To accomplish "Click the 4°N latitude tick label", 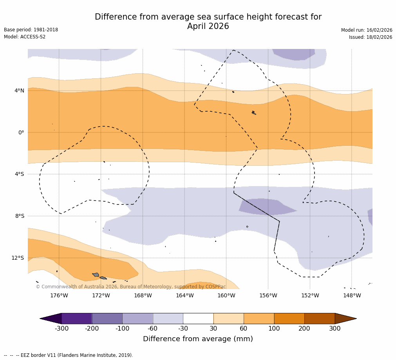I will pyautogui.click(x=19, y=91).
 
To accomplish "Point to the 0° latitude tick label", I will pyautogui.click(x=21, y=133).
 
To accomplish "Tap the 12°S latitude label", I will pyautogui.click(x=18, y=258).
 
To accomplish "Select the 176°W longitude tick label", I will pyautogui.click(x=59, y=295).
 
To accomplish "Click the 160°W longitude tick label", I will pyautogui.click(x=226, y=295).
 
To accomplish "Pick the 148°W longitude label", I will pyautogui.click(x=352, y=295).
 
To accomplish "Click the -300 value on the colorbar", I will pyautogui.click(x=61, y=329).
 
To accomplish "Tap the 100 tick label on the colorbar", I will pyautogui.click(x=274, y=329).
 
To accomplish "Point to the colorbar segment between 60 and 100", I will pyautogui.click(x=259, y=318).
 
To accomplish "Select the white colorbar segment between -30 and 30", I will pyautogui.click(x=198, y=318).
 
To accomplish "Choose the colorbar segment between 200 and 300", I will pyautogui.click(x=320, y=318).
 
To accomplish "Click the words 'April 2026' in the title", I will pyautogui.click(x=208, y=27).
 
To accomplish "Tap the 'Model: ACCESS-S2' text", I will pyautogui.click(x=25, y=37).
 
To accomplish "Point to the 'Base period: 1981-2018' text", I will pyautogui.click(x=31, y=30).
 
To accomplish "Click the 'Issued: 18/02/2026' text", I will pyautogui.click(x=371, y=37).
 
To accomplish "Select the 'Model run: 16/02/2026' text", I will pyautogui.click(x=367, y=30).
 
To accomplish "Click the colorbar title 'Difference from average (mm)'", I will pyautogui.click(x=198, y=339).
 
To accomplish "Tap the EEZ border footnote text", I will pyautogui.click(x=69, y=355).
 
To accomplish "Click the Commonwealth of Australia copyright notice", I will pyautogui.click(x=131, y=287).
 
